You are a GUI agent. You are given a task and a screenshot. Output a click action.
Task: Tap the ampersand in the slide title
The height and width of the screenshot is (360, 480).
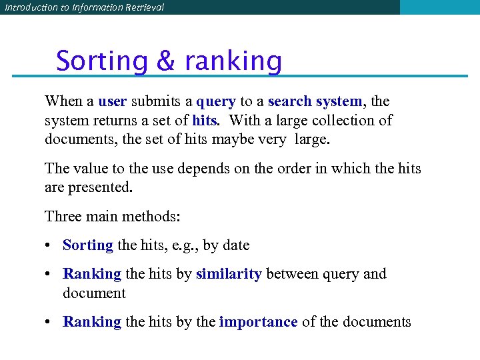coord(165,61)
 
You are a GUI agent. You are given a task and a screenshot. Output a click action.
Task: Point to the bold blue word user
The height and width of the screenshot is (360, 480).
coord(112,101)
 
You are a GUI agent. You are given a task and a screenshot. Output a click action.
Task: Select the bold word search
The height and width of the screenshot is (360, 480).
coord(289,101)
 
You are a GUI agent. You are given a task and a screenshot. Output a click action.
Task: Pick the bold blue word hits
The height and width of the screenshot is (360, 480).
coord(204,121)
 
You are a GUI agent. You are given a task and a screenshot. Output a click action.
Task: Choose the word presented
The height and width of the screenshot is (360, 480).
coord(99,188)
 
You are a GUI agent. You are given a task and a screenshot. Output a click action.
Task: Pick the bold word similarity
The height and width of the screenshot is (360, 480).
coord(229,274)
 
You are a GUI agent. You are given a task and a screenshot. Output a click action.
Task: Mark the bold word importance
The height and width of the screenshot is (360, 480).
coord(258,322)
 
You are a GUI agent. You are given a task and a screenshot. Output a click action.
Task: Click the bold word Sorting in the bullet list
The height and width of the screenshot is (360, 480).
coord(88,245)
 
